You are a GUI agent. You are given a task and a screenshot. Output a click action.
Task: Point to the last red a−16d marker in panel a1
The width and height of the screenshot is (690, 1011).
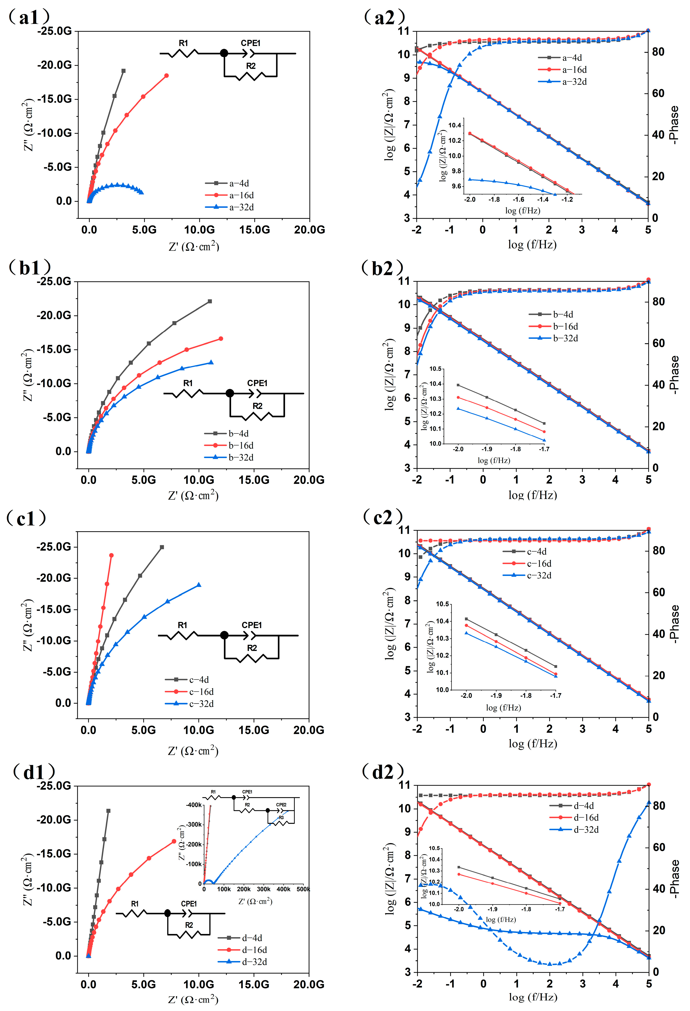point(166,76)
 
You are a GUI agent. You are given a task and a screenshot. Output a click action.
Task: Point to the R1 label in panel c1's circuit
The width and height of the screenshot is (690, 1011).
point(182,625)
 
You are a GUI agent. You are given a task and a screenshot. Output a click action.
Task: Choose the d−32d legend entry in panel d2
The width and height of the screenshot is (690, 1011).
point(586,830)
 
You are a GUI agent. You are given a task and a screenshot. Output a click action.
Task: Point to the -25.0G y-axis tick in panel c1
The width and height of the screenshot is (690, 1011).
point(54,547)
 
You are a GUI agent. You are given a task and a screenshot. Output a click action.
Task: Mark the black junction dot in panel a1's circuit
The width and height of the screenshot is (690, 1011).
point(224,54)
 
